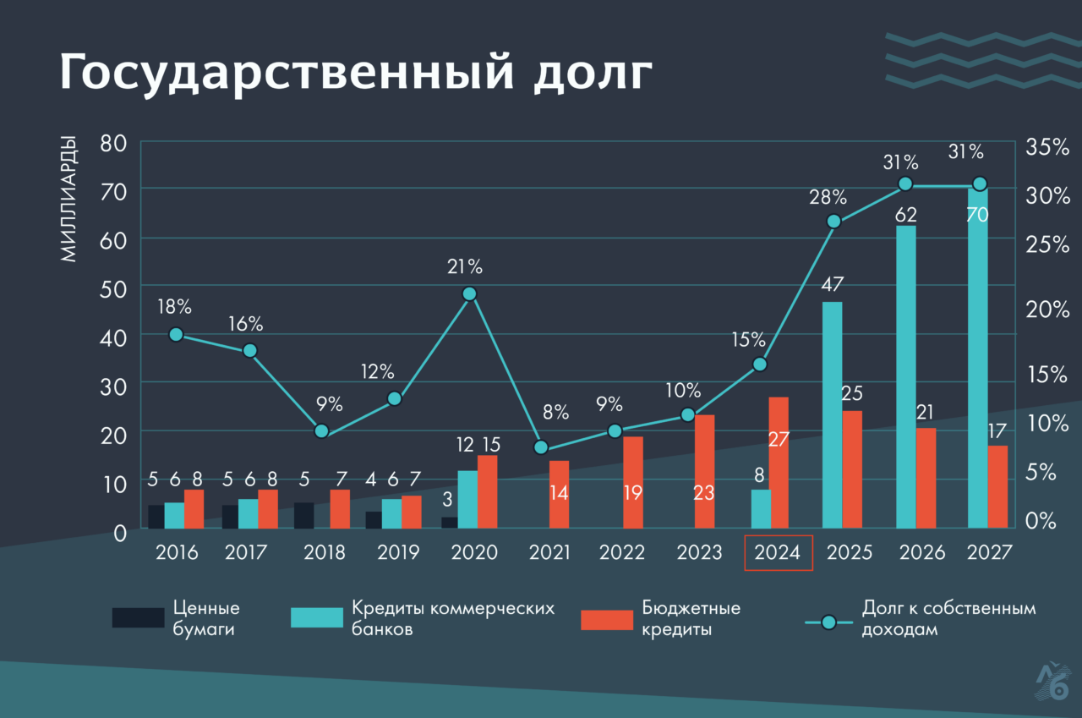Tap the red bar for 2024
coord(778,463)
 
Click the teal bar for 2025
coord(832,414)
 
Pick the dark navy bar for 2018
coord(304,515)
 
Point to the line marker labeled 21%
coord(470,293)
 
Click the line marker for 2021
coord(542,447)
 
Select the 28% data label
coord(827,197)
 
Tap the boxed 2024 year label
coord(778,553)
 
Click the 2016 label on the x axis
coord(177,553)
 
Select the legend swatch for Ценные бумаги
coord(138,618)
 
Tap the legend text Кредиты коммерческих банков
coord(452,619)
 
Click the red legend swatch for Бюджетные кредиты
coord(606,619)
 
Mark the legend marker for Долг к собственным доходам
coord(828,622)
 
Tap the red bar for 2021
coord(559,495)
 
